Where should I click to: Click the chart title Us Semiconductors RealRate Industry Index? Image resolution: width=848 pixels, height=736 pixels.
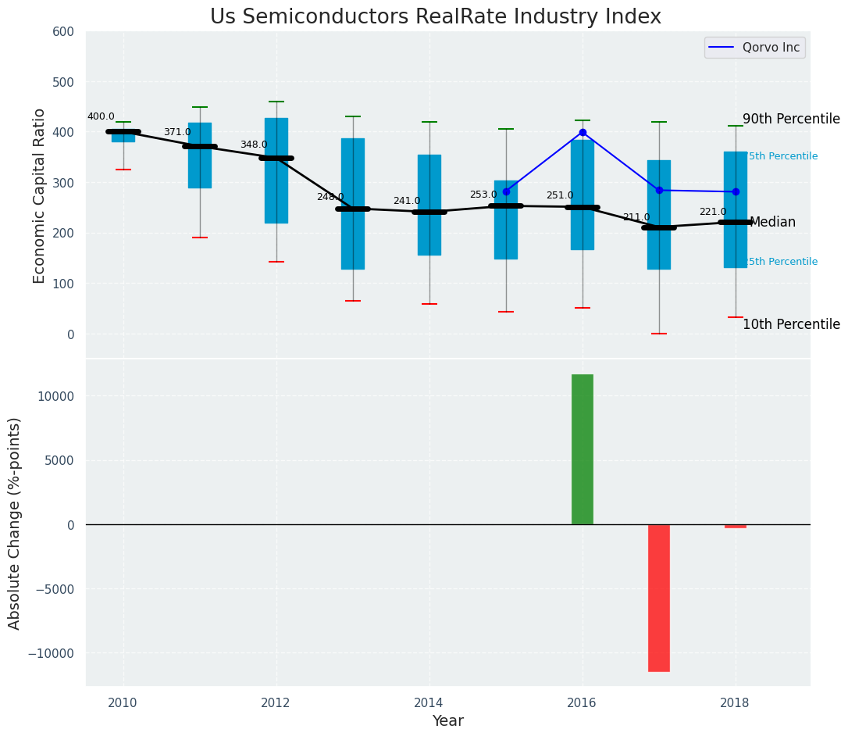[435, 17]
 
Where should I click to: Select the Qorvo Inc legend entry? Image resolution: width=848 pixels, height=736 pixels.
[754, 48]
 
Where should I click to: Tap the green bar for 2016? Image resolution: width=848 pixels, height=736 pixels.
[583, 449]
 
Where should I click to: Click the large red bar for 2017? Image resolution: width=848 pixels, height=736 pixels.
[659, 598]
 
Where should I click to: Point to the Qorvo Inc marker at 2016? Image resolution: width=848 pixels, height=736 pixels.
[583, 133]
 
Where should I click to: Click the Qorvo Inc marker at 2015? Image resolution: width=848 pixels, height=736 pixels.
[506, 191]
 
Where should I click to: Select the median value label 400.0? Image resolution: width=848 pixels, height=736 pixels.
[101, 117]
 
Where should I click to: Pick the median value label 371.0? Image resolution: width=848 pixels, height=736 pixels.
[177, 133]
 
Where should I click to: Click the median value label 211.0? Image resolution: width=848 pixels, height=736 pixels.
[636, 218]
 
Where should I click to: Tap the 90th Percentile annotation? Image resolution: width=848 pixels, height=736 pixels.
[791, 120]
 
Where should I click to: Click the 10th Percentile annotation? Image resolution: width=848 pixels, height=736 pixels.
[791, 325]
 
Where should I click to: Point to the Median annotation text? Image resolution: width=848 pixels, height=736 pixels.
[772, 223]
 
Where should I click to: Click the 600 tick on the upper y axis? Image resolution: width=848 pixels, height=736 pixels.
[63, 32]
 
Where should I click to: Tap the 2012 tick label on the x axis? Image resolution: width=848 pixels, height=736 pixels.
[276, 702]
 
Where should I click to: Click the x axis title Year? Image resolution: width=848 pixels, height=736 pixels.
[448, 721]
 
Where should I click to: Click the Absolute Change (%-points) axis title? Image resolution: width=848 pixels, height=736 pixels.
[15, 523]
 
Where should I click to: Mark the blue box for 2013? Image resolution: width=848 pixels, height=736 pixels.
[353, 234]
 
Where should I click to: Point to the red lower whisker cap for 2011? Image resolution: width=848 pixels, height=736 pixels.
[200, 238]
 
